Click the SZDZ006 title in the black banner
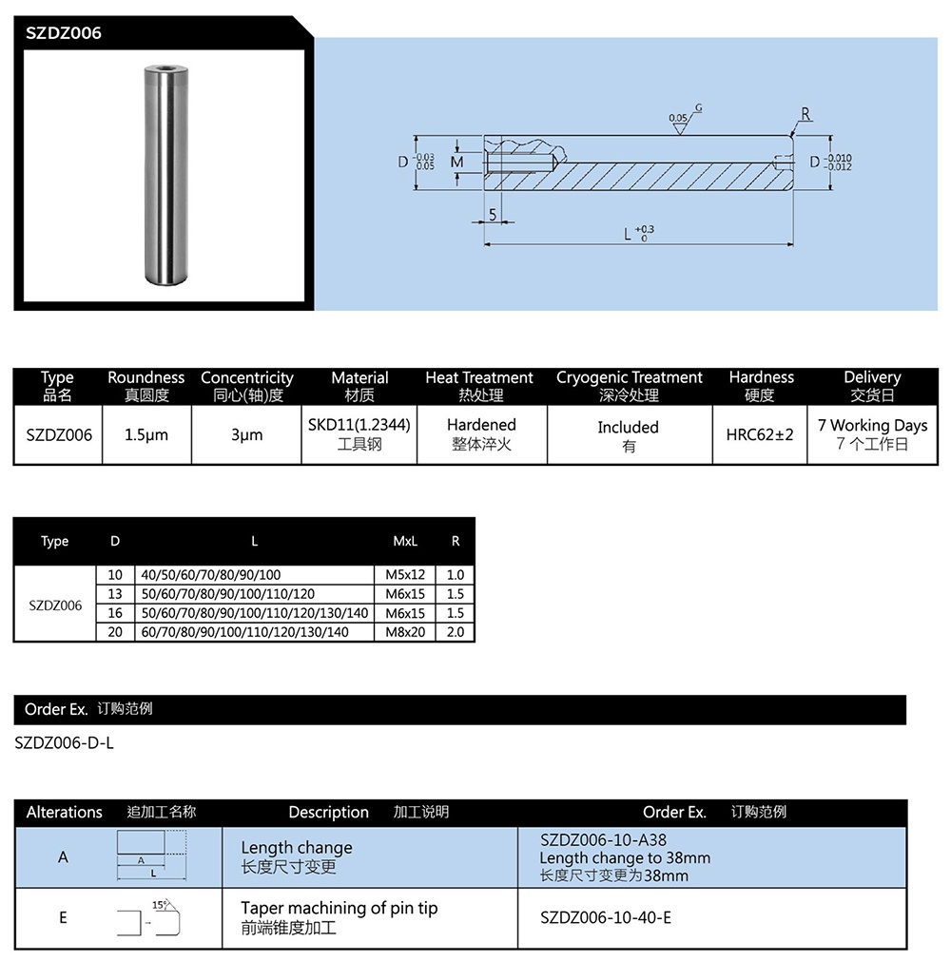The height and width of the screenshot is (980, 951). pyautogui.click(x=64, y=33)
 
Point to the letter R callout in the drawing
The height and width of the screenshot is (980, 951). pyautogui.click(x=805, y=115)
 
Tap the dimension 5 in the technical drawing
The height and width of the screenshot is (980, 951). pyautogui.click(x=493, y=215)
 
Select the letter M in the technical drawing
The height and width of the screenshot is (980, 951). pyautogui.click(x=456, y=163)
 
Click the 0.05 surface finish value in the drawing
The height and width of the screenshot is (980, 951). pyautogui.click(x=677, y=119)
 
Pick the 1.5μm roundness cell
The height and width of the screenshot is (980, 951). pyautogui.click(x=146, y=434)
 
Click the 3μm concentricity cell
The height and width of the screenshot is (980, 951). pyautogui.click(x=246, y=434)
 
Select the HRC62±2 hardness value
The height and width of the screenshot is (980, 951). pyautogui.click(x=759, y=434)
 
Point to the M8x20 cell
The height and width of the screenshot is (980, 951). pyautogui.click(x=405, y=632)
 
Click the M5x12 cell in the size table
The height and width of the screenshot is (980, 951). pyautogui.click(x=405, y=575)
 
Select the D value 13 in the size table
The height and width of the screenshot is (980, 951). pyautogui.click(x=115, y=594)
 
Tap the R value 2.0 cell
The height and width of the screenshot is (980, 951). pyautogui.click(x=455, y=632)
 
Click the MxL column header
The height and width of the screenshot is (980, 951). pyautogui.click(x=405, y=541)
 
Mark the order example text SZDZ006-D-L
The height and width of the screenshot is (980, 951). pyautogui.click(x=65, y=743)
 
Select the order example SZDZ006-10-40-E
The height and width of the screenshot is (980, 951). pyautogui.click(x=606, y=918)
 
